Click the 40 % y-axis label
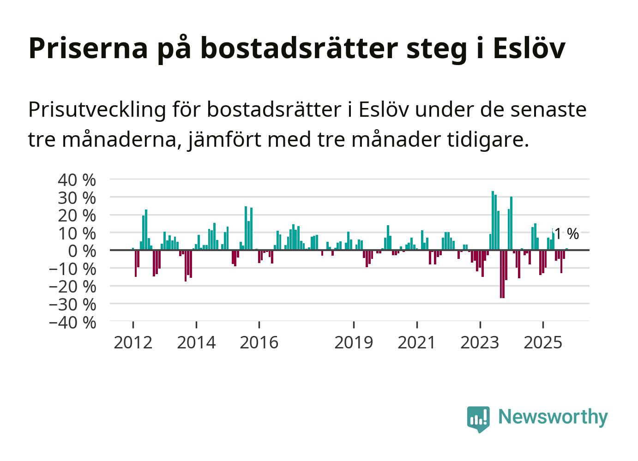(x=77, y=180)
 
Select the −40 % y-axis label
(x=72, y=322)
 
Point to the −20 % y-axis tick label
(x=72, y=287)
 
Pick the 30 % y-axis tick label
(x=77, y=198)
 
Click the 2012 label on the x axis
(x=133, y=342)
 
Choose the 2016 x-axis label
(x=259, y=342)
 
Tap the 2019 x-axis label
(x=354, y=342)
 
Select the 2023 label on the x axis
(x=480, y=342)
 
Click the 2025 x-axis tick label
(x=543, y=342)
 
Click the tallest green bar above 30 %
(x=493, y=221)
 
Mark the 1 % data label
(x=566, y=234)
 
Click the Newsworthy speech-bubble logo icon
(x=478, y=419)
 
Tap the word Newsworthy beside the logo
(x=553, y=417)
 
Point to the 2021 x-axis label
(x=417, y=342)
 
